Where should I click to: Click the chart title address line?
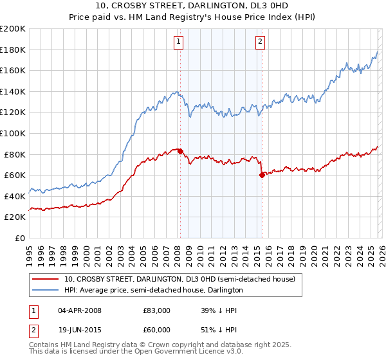tap(193, 7)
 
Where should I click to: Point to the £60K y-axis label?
tap(14, 175)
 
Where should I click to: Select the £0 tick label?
tap(19, 238)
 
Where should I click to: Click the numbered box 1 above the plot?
tap(178, 42)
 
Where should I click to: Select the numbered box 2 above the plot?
tap(260, 42)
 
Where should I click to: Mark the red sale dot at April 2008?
tap(180, 151)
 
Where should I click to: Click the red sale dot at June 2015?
tap(262, 175)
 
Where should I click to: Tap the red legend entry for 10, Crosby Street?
tap(179, 279)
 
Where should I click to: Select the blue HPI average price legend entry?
tap(153, 290)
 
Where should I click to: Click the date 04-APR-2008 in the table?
tap(79, 310)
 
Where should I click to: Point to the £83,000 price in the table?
tap(157, 310)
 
